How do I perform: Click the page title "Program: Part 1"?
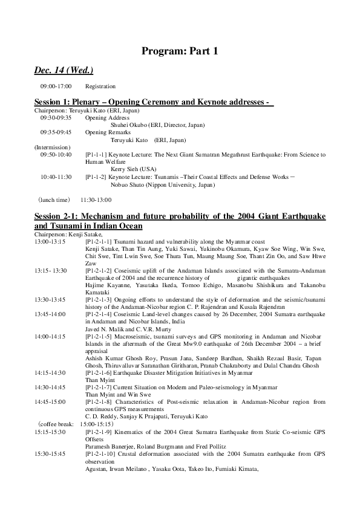tap(180, 51)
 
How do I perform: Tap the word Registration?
tap(100, 86)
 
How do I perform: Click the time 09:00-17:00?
tap(56, 86)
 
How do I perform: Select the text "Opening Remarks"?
tap(105, 132)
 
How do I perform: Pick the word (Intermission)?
tap(52, 147)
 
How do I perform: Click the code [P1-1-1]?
tap(97, 155)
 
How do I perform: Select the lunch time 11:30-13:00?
tap(96, 199)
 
